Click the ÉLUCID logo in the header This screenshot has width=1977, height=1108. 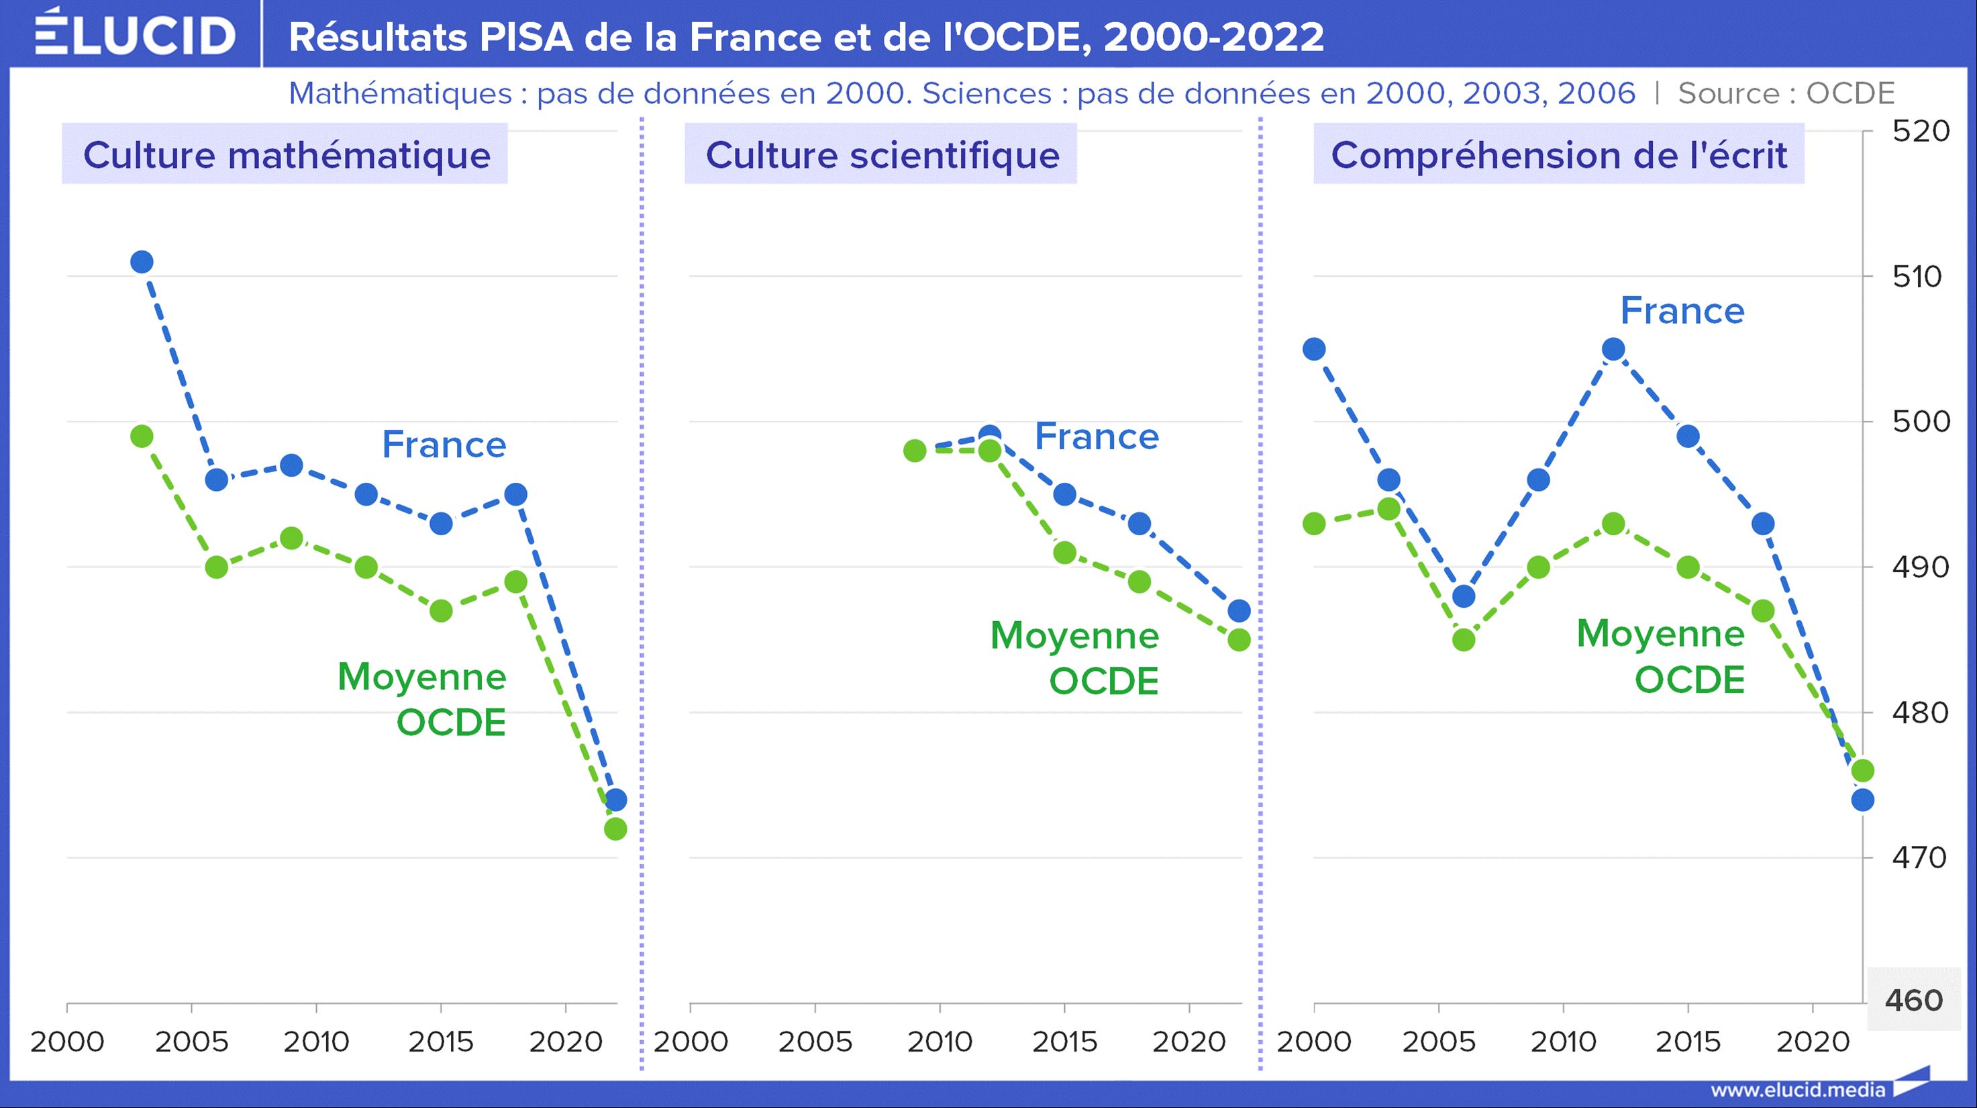coord(135,33)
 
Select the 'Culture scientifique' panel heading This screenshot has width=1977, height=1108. coord(882,154)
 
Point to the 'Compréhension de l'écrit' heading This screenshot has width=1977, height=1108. coord(1559,154)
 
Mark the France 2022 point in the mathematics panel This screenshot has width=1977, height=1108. coord(615,800)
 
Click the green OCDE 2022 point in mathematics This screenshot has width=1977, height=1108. coord(615,829)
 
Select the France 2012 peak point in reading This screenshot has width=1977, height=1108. coord(1614,349)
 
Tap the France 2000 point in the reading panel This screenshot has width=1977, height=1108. coord(1315,349)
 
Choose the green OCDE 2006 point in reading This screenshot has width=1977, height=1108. coord(1464,639)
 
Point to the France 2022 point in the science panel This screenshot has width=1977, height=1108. coord(1239,610)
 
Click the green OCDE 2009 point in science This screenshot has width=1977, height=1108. coord(915,451)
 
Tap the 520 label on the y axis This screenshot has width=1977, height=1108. coord(1920,132)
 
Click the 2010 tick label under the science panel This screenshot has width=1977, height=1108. coord(940,1042)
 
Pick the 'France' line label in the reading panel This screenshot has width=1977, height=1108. coord(1682,311)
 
